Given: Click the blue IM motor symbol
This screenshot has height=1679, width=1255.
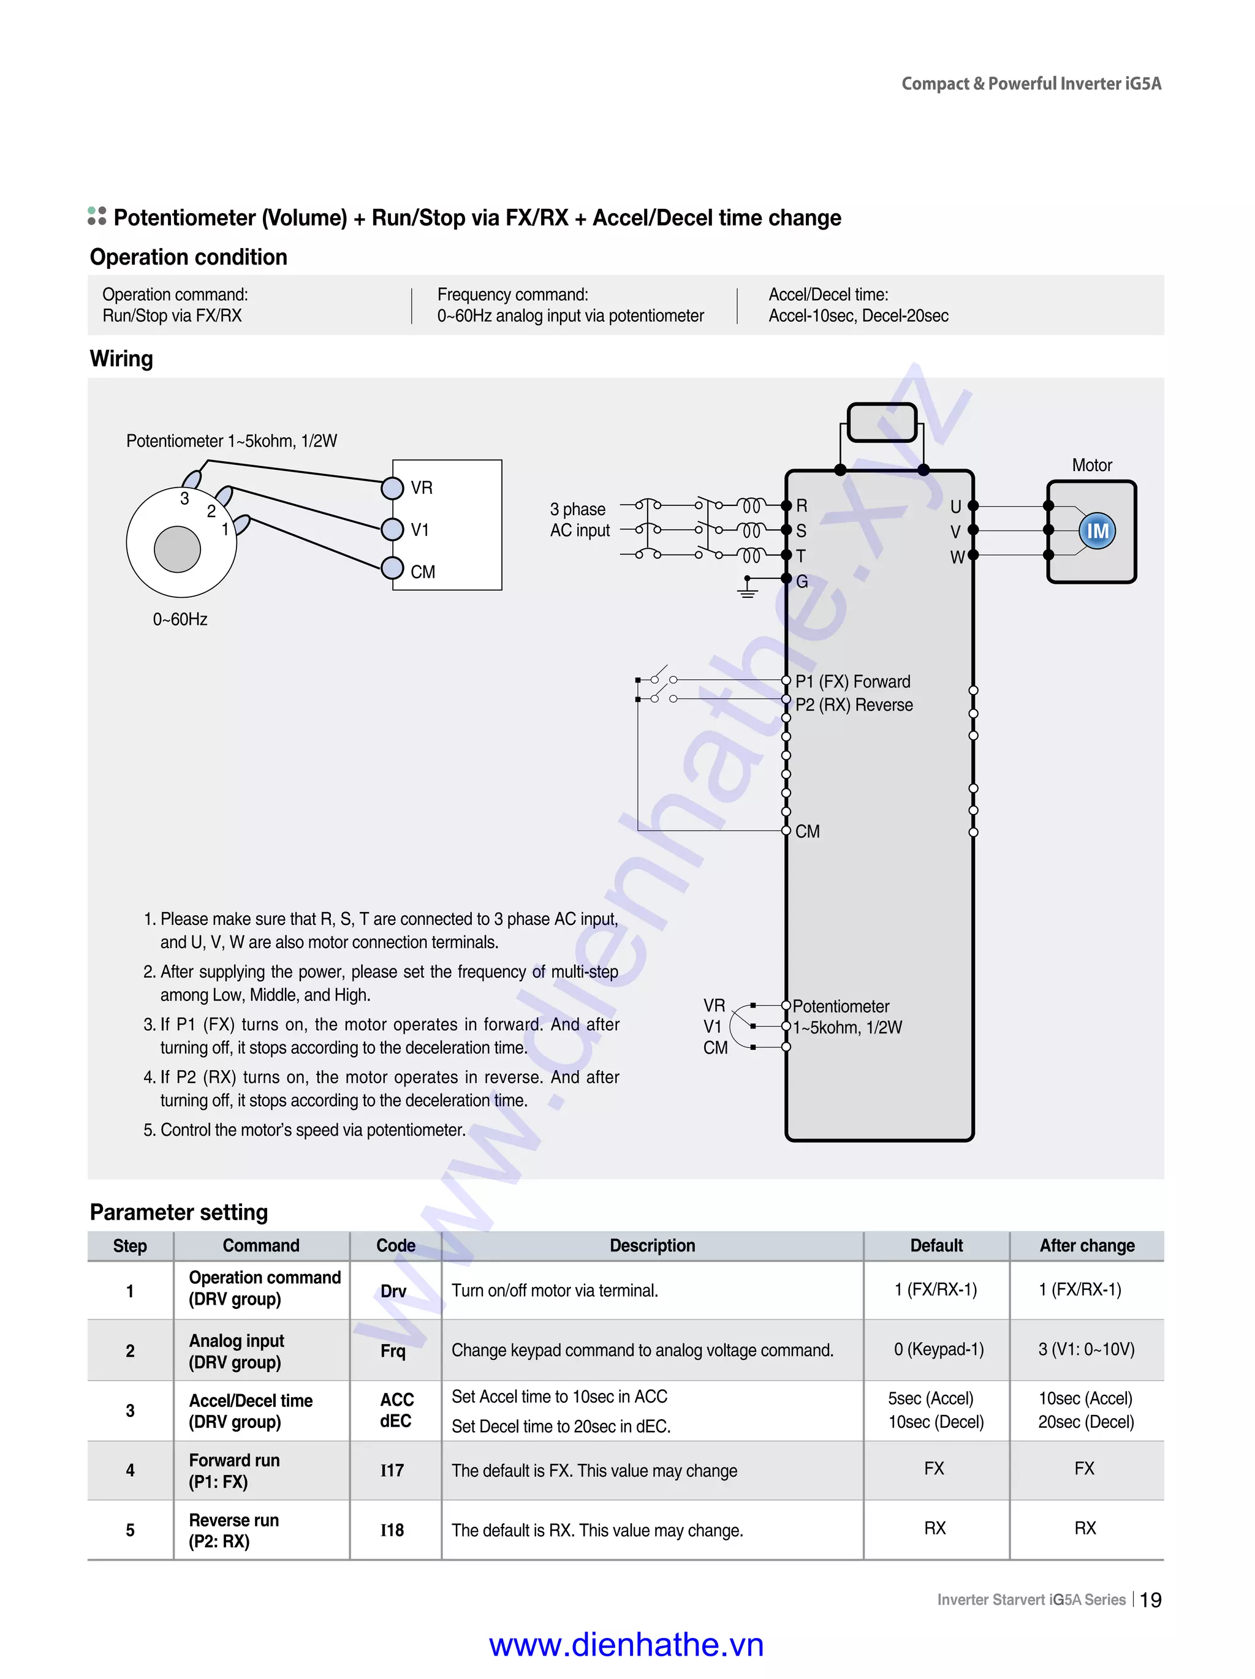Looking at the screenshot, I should pyautogui.click(x=1097, y=530).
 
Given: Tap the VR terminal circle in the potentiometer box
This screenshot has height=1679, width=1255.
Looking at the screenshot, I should pyautogui.click(x=392, y=488).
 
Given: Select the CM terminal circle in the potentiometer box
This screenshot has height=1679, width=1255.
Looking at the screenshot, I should pyautogui.click(x=392, y=568).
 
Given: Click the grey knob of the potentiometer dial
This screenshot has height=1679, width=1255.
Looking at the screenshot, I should pyautogui.click(x=177, y=549).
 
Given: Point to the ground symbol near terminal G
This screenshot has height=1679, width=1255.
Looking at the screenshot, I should pyautogui.click(x=748, y=588).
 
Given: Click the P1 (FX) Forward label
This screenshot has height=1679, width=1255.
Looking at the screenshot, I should pyautogui.click(x=852, y=681).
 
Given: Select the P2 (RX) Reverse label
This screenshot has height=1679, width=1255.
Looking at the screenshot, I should pyautogui.click(x=854, y=704).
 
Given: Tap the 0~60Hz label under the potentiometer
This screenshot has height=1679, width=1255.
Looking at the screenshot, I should pyautogui.click(x=180, y=619).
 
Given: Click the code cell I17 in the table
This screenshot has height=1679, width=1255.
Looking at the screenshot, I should pyautogui.click(x=392, y=1470).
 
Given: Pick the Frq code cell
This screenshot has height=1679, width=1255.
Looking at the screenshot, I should pyautogui.click(x=393, y=1350).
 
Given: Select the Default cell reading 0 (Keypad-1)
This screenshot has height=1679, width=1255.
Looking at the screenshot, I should pyautogui.click(x=938, y=1349).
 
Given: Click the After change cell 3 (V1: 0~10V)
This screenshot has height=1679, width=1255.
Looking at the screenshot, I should pyautogui.click(x=1086, y=1349).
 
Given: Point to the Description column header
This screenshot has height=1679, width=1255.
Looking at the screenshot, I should pyautogui.click(x=651, y=1245).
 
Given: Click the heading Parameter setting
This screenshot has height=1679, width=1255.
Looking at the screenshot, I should pyautogui.click(x=178, y=1212).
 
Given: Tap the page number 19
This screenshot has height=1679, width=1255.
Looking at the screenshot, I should pyautogui.click(x=1150, y=1600).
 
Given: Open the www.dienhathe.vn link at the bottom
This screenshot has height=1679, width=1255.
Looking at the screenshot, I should pyautogui.click(x=626, y=1645).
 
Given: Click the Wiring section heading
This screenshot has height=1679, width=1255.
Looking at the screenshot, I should pyautogui.click(x=121, y=358).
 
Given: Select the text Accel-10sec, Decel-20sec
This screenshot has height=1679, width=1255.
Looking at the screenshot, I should pyautogui.click(x=858, y=315).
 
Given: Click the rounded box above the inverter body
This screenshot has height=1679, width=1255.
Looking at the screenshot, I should pyautogui.click(x=881, y=422).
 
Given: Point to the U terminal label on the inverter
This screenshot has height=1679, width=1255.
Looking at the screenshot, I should pyautogui.click(x=955, y=507).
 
